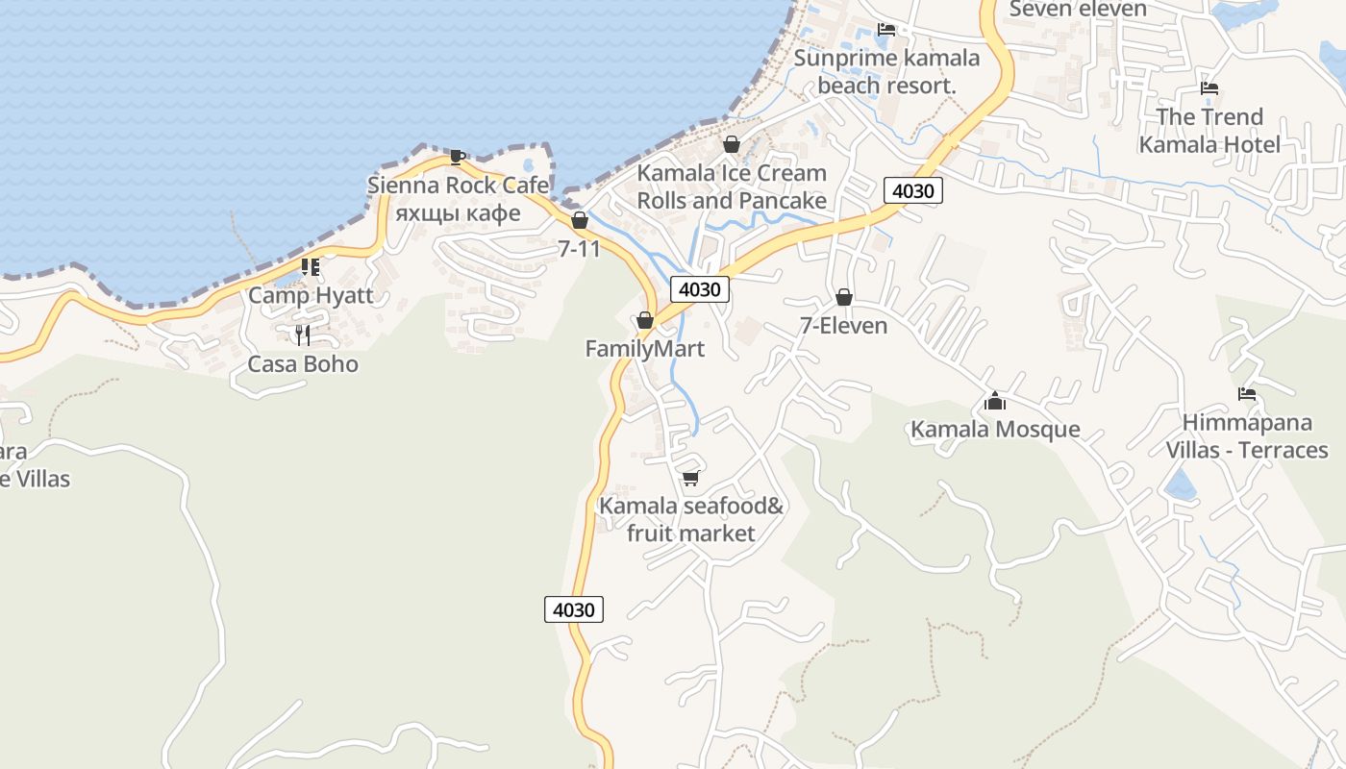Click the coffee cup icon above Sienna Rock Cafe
point(458,157)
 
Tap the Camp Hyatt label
point(311,295)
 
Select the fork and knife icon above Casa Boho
point(303,335)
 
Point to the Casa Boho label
point(303,364)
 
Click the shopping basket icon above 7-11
point(579,220)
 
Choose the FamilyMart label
point(644,349)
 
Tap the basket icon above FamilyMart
point(644,320)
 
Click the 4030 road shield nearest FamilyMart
point(699,288)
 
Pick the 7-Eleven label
point(843,326)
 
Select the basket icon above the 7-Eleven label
point(843,297)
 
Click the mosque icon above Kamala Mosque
point(995,400)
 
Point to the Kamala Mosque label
point(995,429)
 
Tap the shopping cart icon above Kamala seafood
point(689,478)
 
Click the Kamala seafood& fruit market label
point(691,519)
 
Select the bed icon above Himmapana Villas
point(1247,394)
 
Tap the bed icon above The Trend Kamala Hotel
point(1209,88)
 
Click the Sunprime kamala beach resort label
point(886,72)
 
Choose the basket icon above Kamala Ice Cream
point(731,144)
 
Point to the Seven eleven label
point(1078,10)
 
